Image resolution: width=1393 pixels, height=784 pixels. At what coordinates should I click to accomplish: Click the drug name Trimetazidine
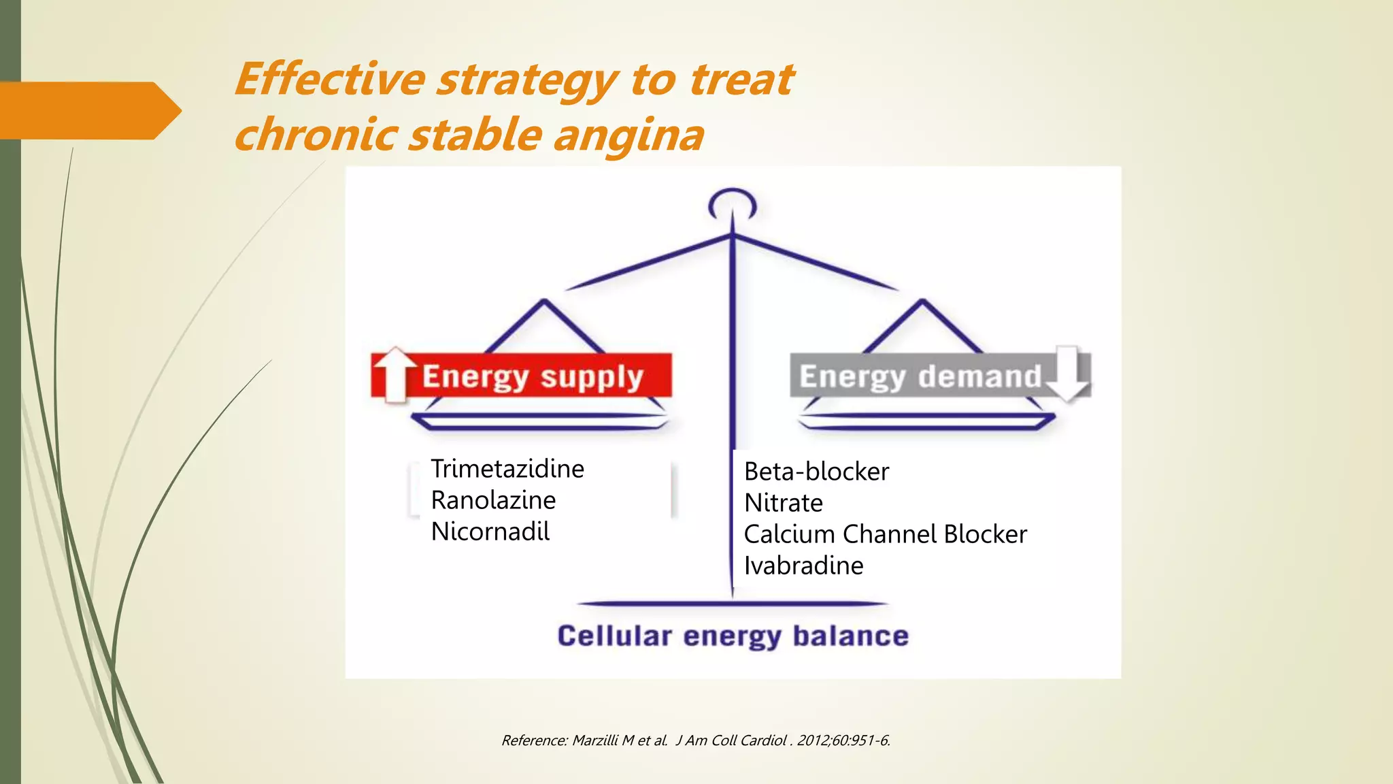507,469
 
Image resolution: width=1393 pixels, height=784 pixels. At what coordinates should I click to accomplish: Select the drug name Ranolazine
493,500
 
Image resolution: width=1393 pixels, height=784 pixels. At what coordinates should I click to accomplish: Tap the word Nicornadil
490,532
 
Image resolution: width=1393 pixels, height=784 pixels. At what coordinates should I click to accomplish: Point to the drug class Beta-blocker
816,472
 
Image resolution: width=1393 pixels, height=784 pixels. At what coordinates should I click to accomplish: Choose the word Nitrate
783,503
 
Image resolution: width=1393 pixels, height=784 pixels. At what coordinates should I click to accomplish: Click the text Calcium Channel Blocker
885,534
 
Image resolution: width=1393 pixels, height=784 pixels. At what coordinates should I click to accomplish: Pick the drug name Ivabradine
803,566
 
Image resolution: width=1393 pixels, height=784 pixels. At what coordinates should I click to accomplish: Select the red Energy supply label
533,376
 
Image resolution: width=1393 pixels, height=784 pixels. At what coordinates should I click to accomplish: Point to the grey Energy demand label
920,376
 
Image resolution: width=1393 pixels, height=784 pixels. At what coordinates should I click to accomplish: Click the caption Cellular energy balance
733,636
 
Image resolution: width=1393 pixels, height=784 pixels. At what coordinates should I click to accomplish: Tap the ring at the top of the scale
732,203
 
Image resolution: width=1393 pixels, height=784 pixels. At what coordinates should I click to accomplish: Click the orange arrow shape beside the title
88,110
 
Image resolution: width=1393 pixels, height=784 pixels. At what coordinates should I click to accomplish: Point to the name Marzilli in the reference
595,740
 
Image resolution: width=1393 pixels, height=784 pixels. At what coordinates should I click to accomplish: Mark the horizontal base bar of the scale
733,603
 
